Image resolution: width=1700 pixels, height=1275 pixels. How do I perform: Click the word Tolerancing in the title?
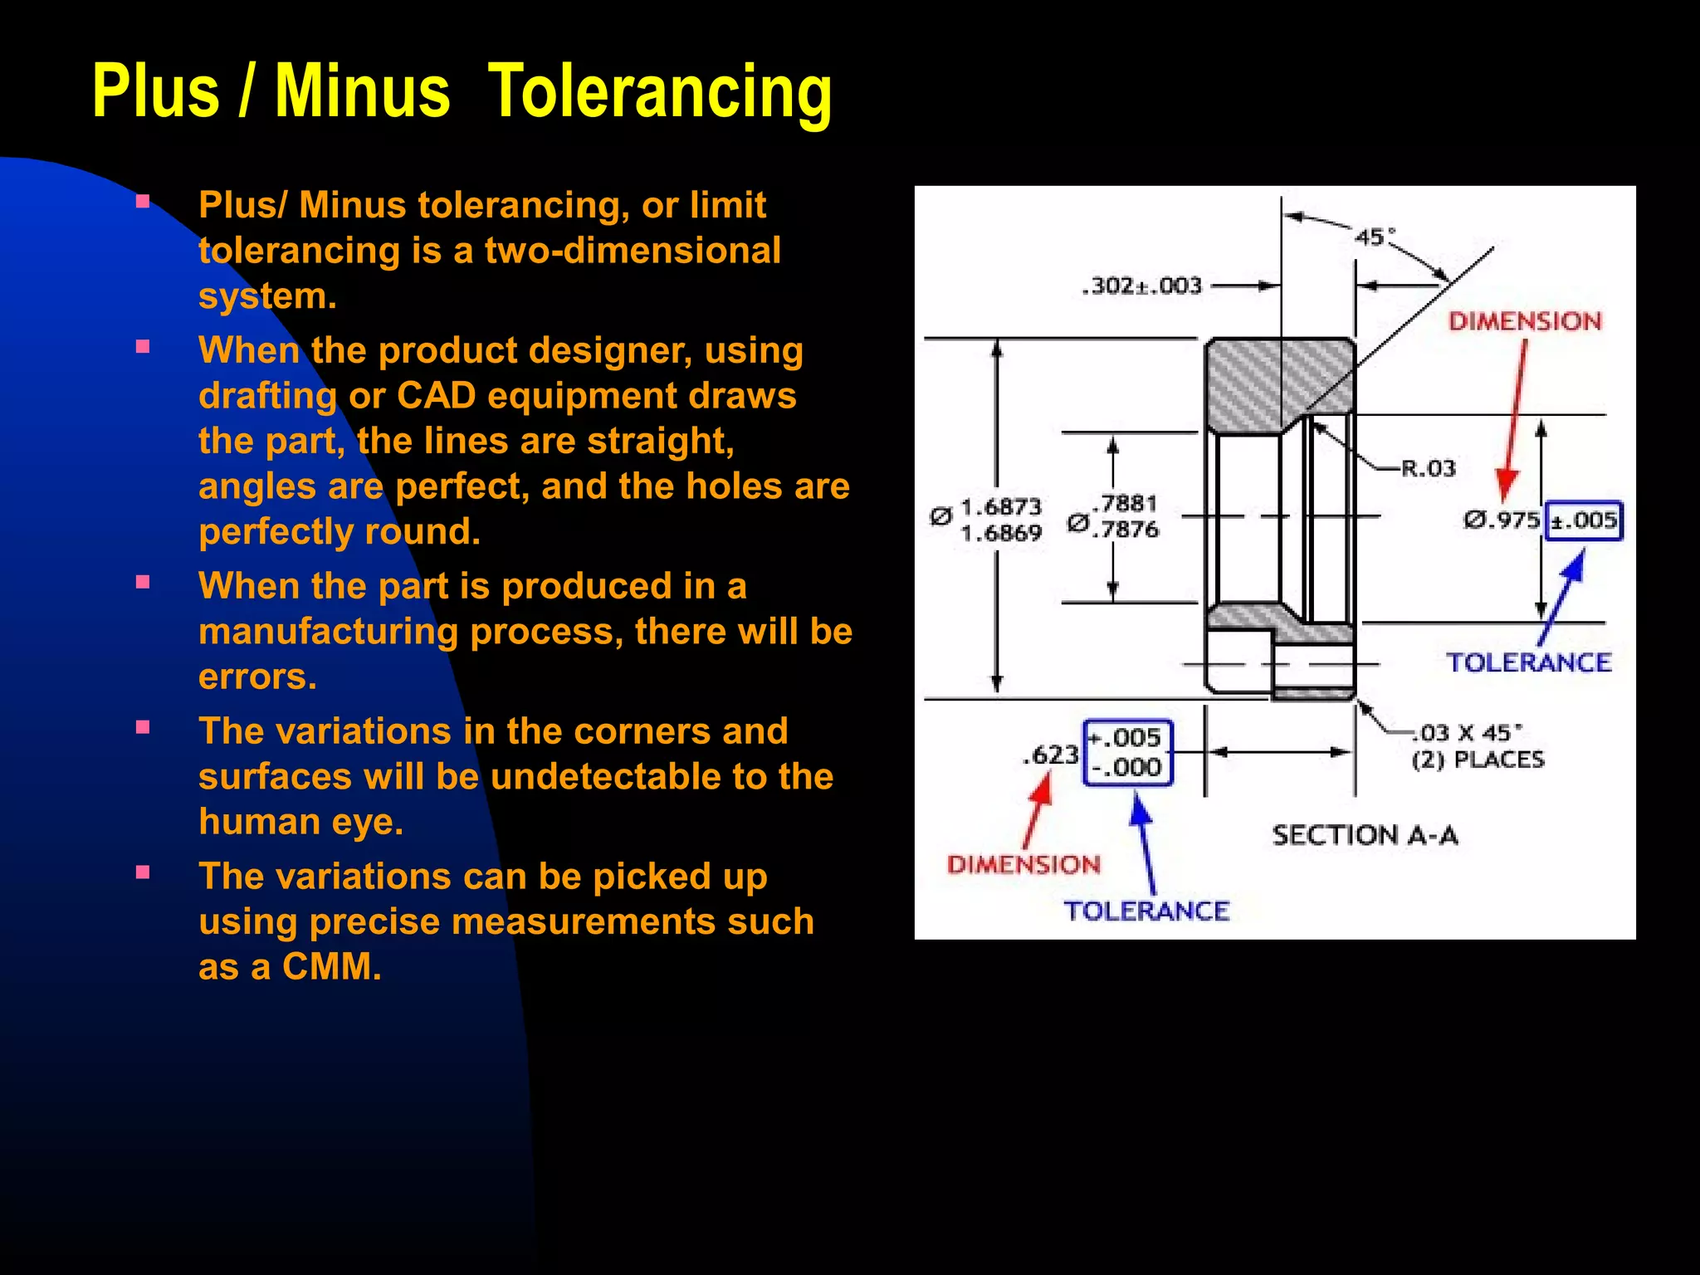660,91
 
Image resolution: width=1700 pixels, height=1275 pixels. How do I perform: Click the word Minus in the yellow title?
362,91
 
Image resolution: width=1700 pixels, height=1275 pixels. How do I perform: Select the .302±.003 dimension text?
1142,286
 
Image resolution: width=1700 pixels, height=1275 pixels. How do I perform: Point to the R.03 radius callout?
1428,468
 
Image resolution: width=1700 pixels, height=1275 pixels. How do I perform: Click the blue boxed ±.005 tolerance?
1584,521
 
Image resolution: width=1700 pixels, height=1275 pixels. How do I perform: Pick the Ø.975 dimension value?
1501,520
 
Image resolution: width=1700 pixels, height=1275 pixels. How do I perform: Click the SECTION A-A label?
1365,835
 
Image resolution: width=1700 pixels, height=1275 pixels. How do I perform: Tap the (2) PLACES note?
1478,760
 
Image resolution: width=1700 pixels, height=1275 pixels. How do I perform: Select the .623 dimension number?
1051,755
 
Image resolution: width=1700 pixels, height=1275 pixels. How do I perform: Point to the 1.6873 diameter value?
1000,506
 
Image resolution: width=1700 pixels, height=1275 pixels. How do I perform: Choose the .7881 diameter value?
1125,503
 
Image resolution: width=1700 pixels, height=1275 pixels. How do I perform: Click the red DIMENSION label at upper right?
1525,322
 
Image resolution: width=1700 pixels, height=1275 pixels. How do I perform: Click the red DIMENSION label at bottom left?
1023,865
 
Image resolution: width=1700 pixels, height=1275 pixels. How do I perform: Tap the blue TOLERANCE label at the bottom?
1146,911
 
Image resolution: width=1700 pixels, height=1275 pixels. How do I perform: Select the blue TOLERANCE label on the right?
1528,662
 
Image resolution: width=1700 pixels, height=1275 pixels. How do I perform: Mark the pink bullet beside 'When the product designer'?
143,347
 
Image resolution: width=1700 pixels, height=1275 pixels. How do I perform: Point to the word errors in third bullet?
257,677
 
